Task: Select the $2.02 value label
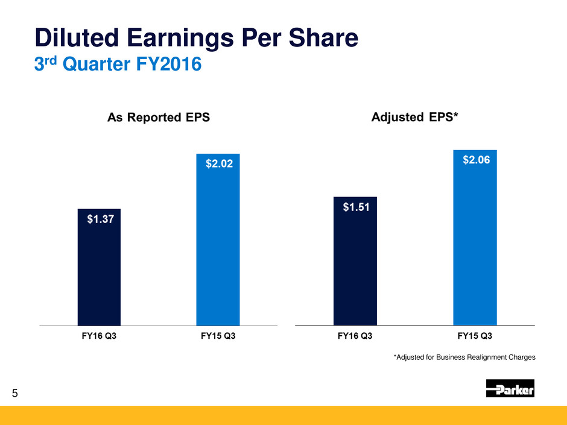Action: click(x=218, y=164)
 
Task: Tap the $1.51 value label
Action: click(x=355, y=207)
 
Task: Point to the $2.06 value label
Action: click(x=475, y=160)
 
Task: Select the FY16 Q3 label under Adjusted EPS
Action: click(x=355, y=336)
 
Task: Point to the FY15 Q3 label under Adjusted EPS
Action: click(x=475, y=336)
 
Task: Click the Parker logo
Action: click(x=510, y=389)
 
